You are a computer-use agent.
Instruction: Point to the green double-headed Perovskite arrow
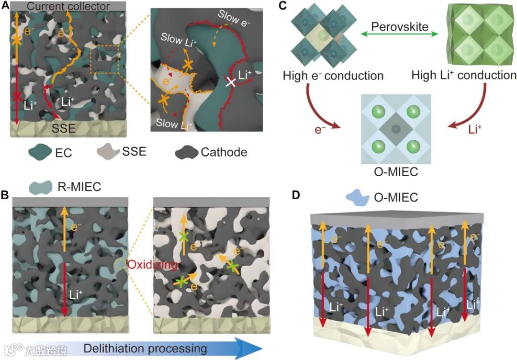(x=399, y=34)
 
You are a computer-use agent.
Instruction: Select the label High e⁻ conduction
(x=333, y=76)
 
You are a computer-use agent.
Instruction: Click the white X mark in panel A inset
(x=232, y=83)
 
